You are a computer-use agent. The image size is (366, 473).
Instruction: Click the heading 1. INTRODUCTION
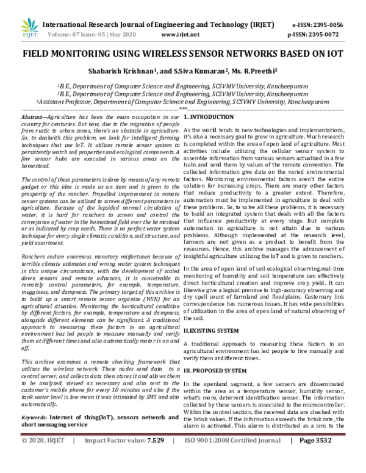point(209,115)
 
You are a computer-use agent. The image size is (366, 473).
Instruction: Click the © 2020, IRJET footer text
point(43,457)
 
